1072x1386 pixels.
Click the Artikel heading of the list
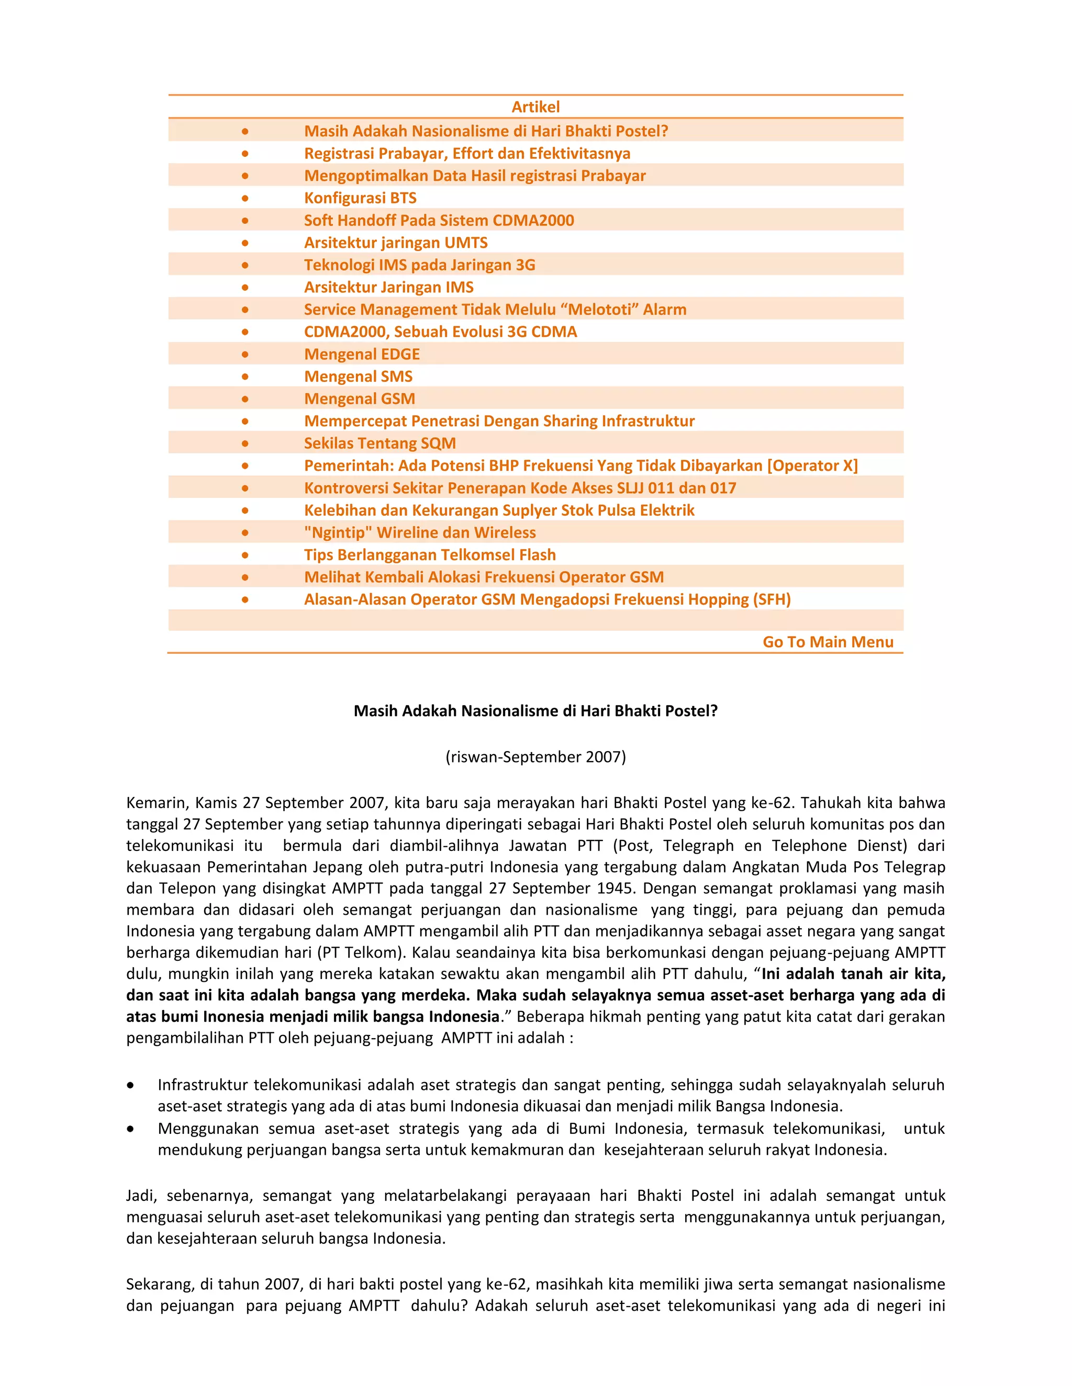(535, 107)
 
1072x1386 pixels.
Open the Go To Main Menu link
(828, 642)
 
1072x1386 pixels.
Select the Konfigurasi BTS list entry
(360, 198)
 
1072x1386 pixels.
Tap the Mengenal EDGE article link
(362, 354)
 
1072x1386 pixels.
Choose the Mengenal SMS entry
(358, 377)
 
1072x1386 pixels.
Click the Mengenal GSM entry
(360, 399)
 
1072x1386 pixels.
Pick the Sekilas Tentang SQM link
(380, 443)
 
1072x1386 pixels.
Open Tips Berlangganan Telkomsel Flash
(430, 554)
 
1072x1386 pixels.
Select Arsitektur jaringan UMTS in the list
(396, 243)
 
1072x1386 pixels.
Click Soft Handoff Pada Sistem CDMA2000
(439, 220)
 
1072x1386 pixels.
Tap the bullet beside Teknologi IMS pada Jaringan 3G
(245, 265)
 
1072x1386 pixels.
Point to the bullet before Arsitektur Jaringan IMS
(245, 288)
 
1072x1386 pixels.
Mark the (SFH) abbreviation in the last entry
(772, 599)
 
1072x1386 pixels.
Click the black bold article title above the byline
(535, 711)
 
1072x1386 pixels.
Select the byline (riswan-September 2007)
(535, 756)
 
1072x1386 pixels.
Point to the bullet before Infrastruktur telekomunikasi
(130, 1086)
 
